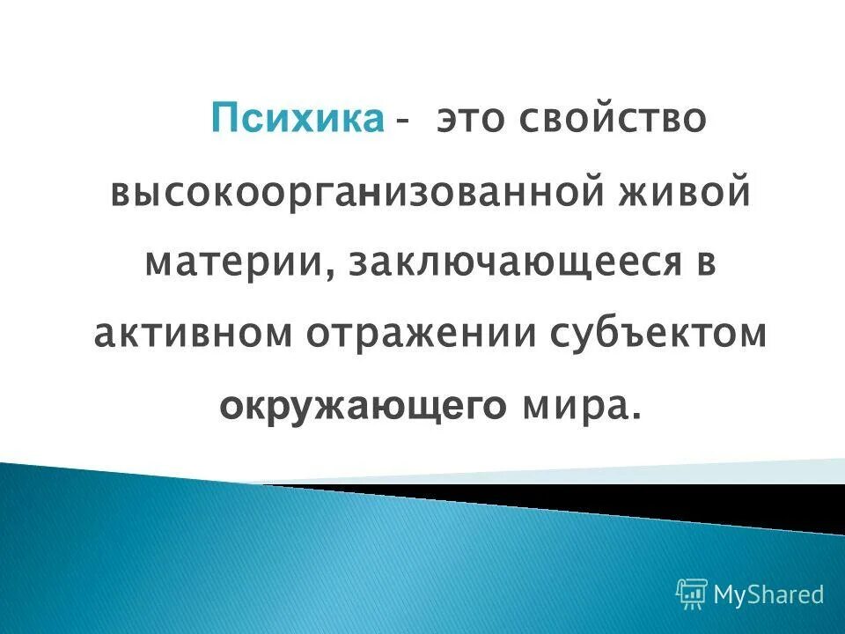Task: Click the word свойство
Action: click(618, 119)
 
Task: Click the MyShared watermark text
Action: click(768, 594)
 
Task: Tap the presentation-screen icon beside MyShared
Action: click(692, 594)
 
